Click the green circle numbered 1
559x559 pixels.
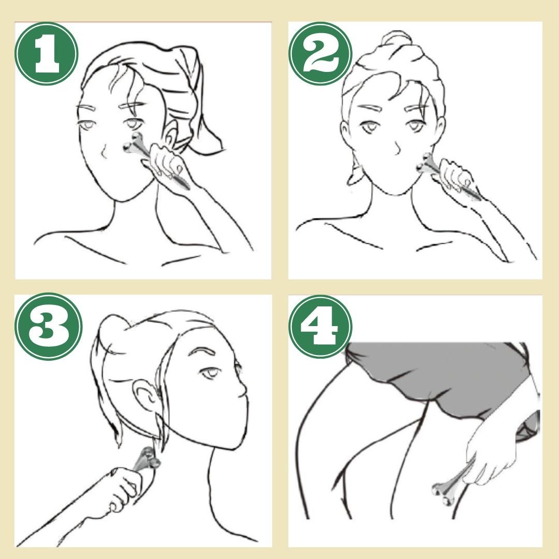[x=47, y=53]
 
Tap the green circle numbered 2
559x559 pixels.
[x=320, y=53]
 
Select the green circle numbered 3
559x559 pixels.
[x=49, y=327]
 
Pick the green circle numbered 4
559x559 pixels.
[x=320, y=326]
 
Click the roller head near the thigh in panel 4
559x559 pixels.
[x=442, y=493]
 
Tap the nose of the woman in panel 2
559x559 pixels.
[x=396, y=148]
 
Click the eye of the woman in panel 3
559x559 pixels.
[x=210, y=373]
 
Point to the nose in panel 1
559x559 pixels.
[x=104, y=152]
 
